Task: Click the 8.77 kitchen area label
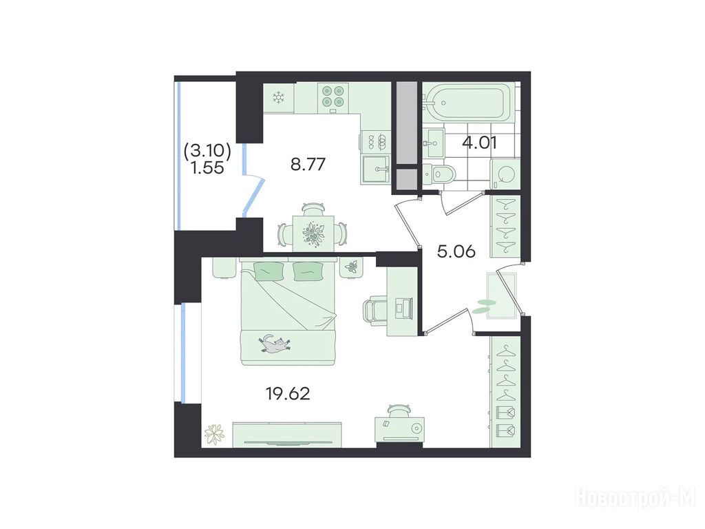(308, 165)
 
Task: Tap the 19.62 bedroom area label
(288, 394)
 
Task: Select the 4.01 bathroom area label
(479, 143)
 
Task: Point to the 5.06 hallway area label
(456, 251)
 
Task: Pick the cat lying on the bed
(274, 344)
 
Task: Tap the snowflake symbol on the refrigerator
(280, 97)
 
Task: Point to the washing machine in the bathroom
(505, 174)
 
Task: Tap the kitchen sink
(376, 169)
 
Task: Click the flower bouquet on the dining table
(314, 234)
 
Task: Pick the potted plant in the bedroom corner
(215, 434)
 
